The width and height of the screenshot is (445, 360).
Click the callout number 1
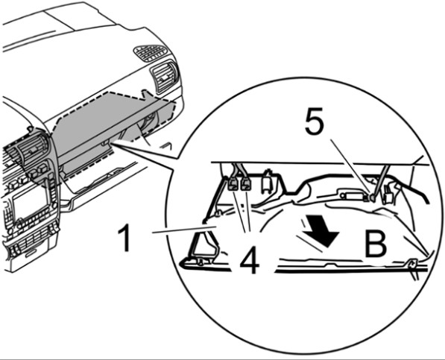pyautogui.click(x=124, y=238)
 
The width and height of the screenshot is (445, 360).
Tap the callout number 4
pyautogui.click(x=250, y=260)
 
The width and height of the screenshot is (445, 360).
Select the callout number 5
pyautogui.click(x=314, y=120)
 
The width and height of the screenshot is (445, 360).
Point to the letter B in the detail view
pyautogui.click(x=375, y=243)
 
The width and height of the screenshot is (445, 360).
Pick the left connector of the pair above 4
pyautogui.click(x=233, y=185)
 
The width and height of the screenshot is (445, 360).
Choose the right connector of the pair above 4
pyautogui.click(x=246, y=185)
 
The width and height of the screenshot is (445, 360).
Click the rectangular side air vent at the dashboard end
pyautogui.click(x=165, y=76)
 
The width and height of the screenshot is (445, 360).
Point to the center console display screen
pyautogui.click(x=30, y=200)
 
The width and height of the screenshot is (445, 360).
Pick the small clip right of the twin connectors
pyautogui.click(x=267, y=182)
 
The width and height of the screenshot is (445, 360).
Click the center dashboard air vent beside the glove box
pyautogui.click(x=31, y=148)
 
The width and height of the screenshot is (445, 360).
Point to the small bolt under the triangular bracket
pyautogui.click(x=201, y=262)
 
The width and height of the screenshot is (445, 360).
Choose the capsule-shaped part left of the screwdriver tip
pyautogui.click(x=351, y=195)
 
